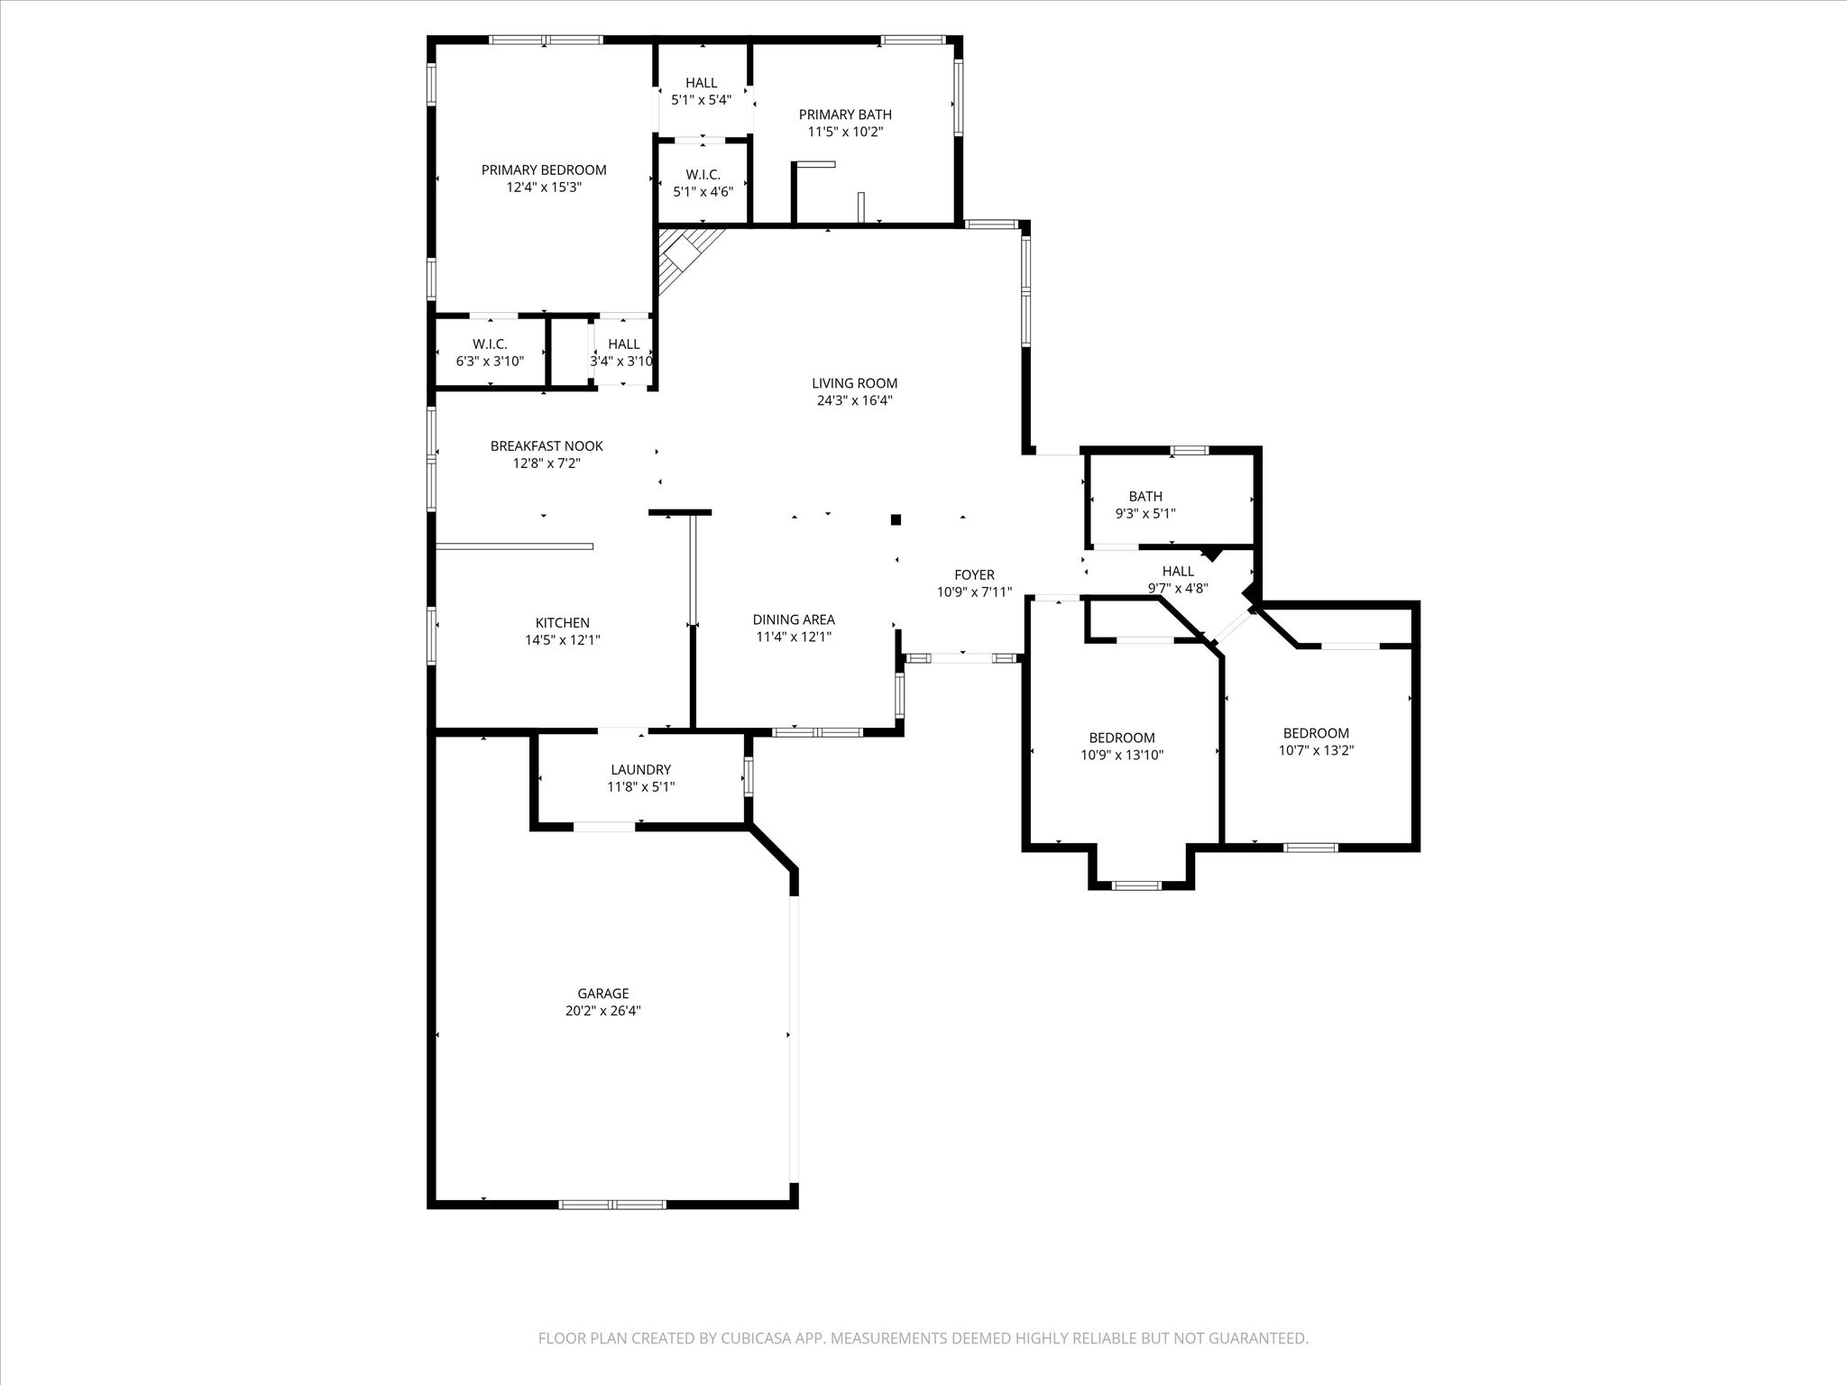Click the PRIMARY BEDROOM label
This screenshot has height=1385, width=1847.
coord(543,170)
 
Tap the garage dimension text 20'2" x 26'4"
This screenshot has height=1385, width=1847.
coord(602,1011)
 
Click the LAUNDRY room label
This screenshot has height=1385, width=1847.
coord(640,769)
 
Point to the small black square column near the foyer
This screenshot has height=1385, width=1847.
coord(896,519)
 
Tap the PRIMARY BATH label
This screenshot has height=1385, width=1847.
coord(845,115)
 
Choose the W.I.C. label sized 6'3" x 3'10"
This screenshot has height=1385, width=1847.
coord(490,344)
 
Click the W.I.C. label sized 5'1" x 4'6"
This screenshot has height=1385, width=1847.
coord(703,174)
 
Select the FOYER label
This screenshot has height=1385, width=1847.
coord(974,574)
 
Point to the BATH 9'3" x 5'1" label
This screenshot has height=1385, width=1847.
coord(1145,496)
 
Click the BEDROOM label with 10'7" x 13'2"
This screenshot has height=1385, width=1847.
coord(1316,733)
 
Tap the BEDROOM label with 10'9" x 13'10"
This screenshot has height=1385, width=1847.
coord(1121,738)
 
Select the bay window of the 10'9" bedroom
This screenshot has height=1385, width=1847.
coord(1136,885)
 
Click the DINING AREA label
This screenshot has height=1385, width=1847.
coord(794,619)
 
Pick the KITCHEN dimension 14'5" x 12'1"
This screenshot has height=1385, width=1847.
coord(563,640)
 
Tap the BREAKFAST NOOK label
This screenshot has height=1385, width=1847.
coord(547,445)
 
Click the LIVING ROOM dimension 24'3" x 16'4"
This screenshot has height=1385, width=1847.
coord(854,400)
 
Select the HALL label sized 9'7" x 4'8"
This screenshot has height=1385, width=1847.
coord(1178,571)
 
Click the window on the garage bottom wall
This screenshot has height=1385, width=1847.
coord(612,1204)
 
